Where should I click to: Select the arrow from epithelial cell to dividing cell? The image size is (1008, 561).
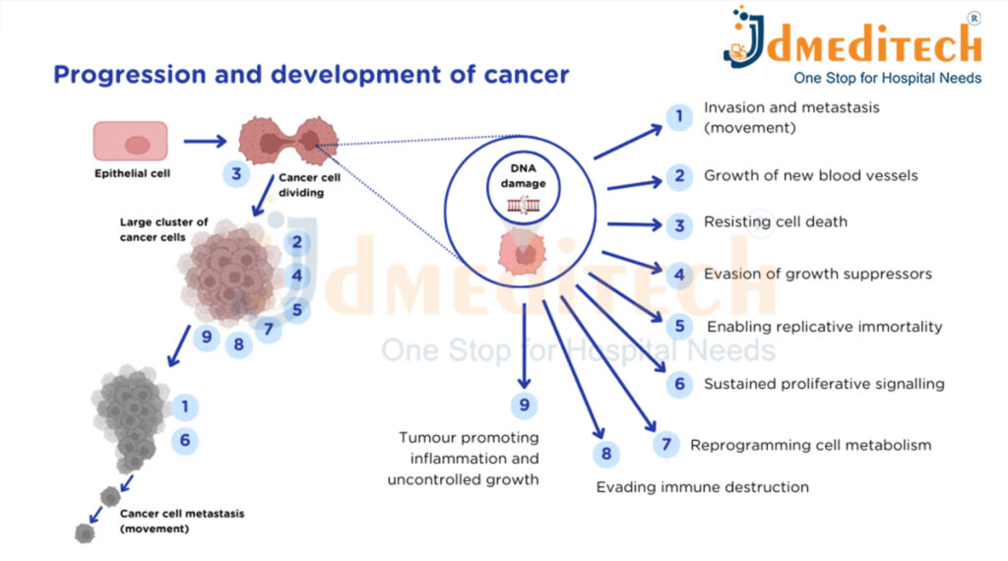pyautogui.click(x=204, y=142)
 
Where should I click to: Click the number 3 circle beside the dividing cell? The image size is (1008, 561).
pyautogui.click(x=236, y=175)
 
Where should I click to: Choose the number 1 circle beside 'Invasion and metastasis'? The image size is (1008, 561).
pyautogui.click(x=678, y=118)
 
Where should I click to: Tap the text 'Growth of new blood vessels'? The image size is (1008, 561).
pyautogui.click(x=810, y=176)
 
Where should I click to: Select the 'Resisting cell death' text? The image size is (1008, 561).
pyautogui.click(x=775, y=222)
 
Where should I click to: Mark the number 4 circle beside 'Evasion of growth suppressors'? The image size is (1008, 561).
pyautogui.click(x=678, y=275)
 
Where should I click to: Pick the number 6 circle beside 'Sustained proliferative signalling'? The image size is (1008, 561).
pyautogui.click(x=678, y=384)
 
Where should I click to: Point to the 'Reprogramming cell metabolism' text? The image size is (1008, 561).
pyautogui.click(x=810, y=445)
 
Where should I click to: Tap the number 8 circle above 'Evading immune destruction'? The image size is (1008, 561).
pyautogui.click(x=606, y=454)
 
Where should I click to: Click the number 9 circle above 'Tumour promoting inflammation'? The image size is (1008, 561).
pyautogui.click(x=525, y=405)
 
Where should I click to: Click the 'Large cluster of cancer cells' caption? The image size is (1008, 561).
pyautogui.click(x=163, y=229)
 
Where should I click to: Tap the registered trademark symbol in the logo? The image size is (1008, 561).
pyautogui.click(x=974, y=18)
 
